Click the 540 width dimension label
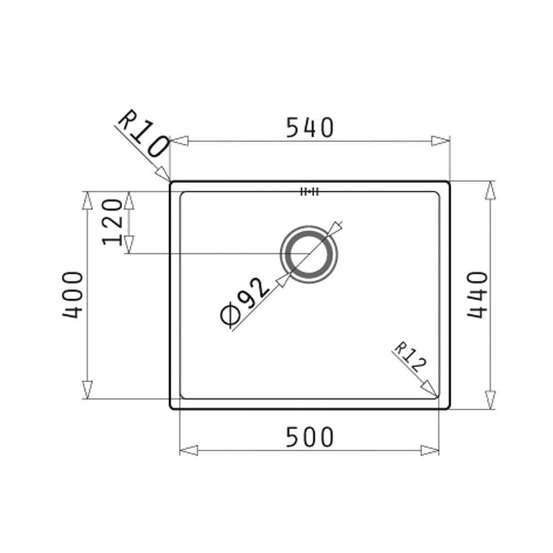tap(309, 128)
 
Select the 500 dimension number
tap(309, 437)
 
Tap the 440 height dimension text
tap(478, 295)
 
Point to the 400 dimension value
tap(73, 295)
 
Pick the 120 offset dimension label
tap(112, 222)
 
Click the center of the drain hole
tap(309, 254)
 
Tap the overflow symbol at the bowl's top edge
tap(309, 192)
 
